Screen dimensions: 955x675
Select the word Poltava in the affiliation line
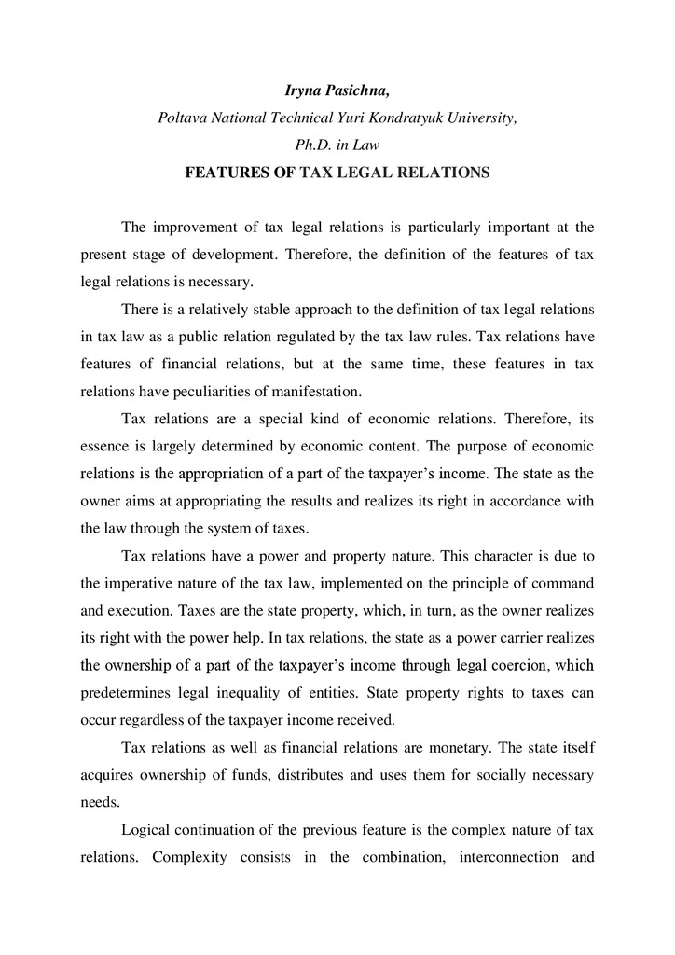183,119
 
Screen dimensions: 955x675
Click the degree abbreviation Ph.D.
312,145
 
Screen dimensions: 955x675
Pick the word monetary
423,747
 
